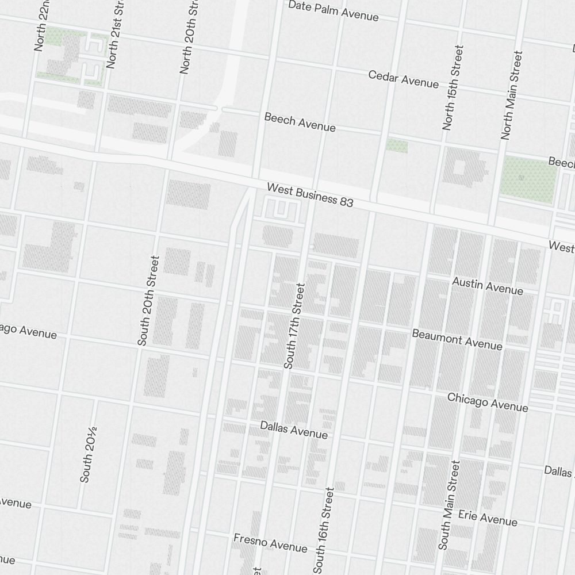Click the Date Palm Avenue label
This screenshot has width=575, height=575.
pos(333,10)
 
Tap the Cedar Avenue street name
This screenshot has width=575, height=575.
pos(403,79)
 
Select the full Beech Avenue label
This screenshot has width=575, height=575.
pos(300,122)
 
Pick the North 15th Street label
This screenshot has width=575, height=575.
pos(453,87)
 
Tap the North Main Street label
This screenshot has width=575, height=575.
pos(511,95)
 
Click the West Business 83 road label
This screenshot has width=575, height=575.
pos(310,195)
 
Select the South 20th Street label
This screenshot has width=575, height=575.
pos(148,301)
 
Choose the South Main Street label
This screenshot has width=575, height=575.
pos(449,505)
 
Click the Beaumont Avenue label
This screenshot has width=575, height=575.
pos(457,339)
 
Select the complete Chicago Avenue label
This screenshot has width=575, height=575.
pos(488,402)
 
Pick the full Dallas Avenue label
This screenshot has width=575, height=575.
pos(294,430)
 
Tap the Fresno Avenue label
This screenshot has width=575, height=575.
pos(270,542)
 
